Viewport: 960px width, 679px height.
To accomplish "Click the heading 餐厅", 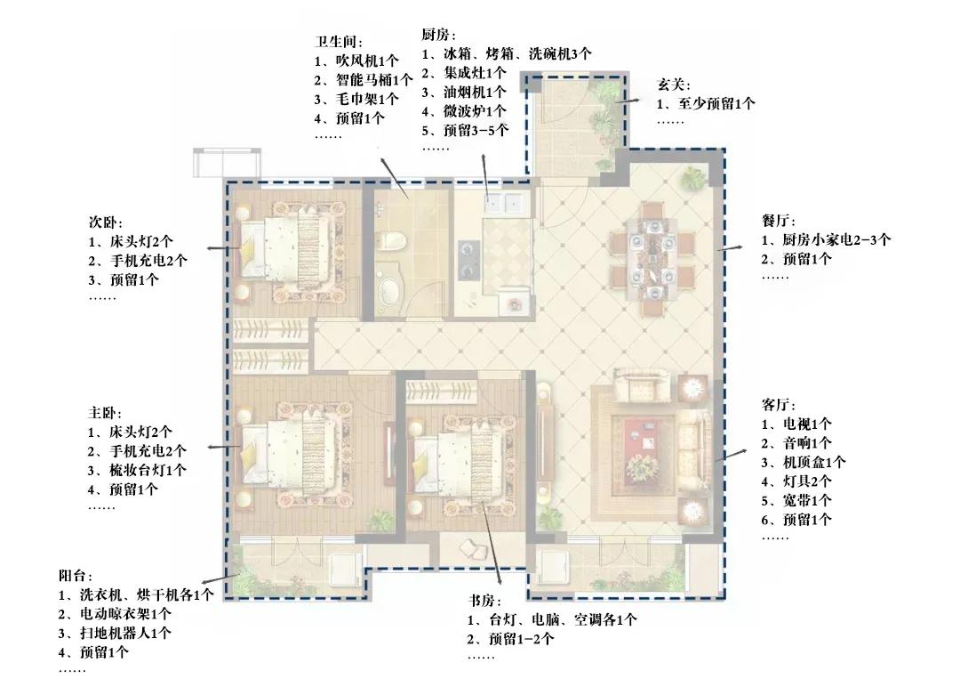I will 779,221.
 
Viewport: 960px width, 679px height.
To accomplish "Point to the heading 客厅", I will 779,405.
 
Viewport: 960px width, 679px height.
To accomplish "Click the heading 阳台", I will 76,576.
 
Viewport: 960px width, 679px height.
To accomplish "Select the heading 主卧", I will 106,413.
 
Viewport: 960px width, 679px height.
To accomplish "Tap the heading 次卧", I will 106,222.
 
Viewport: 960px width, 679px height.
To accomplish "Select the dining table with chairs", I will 652,259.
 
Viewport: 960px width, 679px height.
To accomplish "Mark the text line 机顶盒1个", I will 804,462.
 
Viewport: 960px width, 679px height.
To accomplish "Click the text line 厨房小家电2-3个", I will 826,240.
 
